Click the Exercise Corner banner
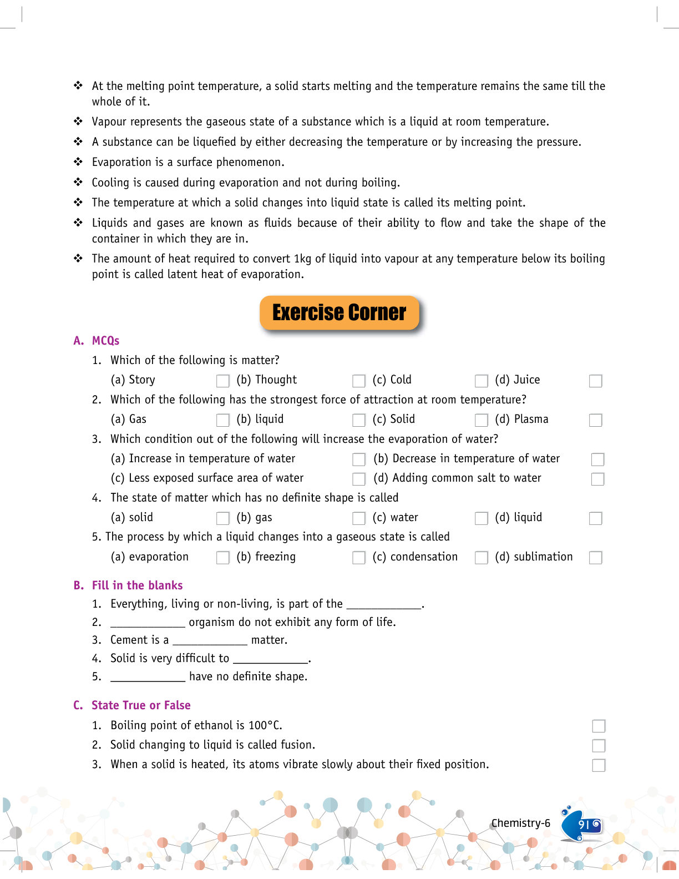tap(339, 313)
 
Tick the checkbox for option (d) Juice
tap(595, 381)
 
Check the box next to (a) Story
tap(222, 381)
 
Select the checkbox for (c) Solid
tap(481, 420)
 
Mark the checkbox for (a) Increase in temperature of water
tap(359, 459)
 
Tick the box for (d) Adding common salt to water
tap(597, 479)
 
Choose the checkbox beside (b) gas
tap(359, 518)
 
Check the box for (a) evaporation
tap(222, 558)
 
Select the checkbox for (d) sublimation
tap(595, 558)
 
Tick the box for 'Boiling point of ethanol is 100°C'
tap(599, 726)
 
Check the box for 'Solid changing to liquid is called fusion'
tap(599, 745)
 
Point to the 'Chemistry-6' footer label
tap(520, 823)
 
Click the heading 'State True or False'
tap(141, 705)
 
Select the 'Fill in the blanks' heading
tap(137, 585)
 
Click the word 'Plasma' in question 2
tap(531, 420)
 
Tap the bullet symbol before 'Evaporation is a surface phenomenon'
tap(78, 161)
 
